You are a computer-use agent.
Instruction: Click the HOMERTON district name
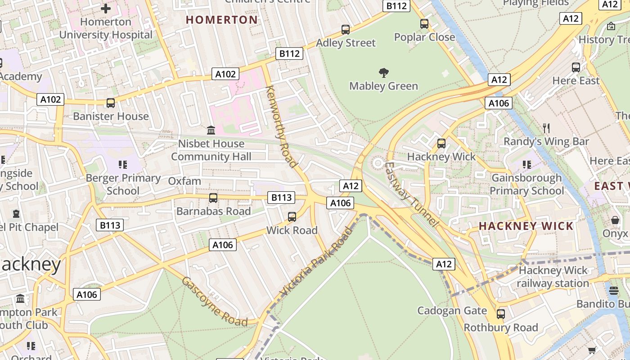tap(222, 20)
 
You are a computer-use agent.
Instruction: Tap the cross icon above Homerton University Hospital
tap(106, 8)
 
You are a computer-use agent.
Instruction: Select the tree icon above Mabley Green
tap(384, 72)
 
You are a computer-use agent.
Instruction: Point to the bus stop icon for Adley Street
tap(346, 30)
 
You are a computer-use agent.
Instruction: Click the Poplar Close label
tap(424, 37)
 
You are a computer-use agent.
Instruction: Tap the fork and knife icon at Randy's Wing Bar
tap(546, 128)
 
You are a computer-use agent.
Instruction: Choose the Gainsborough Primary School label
tap(526, 184)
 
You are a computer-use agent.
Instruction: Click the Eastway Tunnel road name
tap(410, 194)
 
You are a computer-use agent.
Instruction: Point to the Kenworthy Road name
tap(282, 126)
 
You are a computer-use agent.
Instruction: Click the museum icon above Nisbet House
tap(211, 130)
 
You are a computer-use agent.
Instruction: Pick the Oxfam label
tap(184, 181)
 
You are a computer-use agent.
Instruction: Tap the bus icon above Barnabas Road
tap(213, 198)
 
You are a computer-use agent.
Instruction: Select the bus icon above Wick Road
tap(292, 217)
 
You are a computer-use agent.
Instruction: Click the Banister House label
tap(111, 116)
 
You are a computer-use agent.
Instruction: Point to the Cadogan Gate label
tap(452, 310)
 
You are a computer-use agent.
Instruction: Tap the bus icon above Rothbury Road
tap(501, 314)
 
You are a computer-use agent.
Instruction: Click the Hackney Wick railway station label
tap(553, 277)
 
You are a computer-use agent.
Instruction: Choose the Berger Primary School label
tap(123, 184)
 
